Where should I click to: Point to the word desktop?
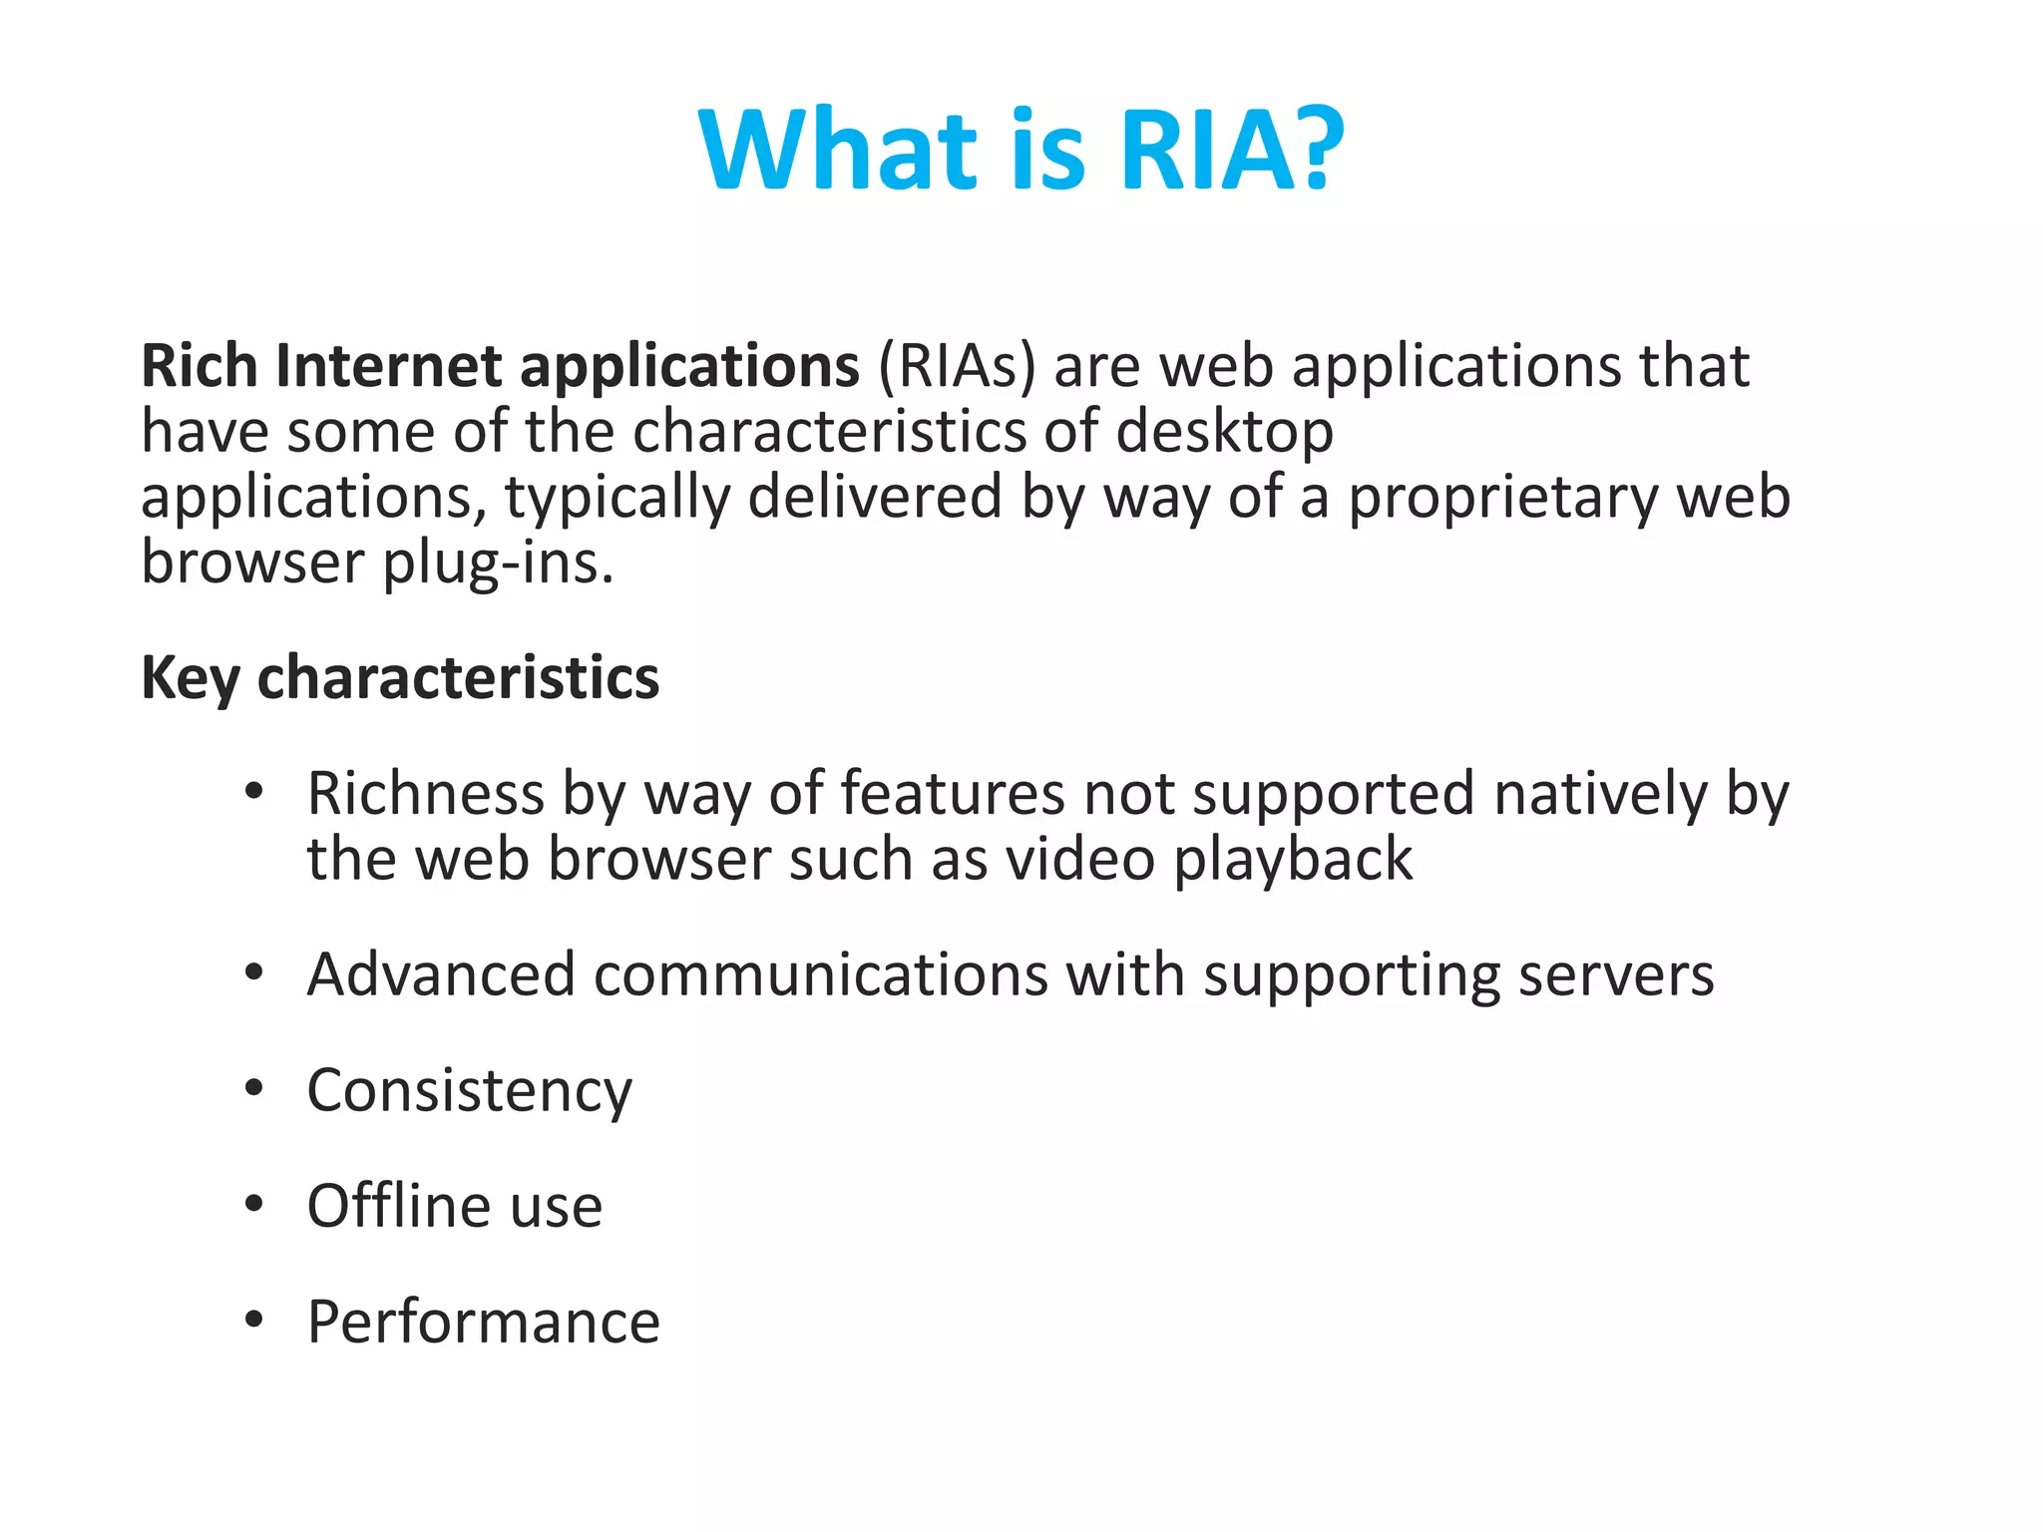pyautogui.click(x=1224, y=432)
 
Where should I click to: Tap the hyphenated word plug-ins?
pyautogui.click(x=498, y=563)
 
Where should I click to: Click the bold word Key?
pyautogui.click(x=190, y=678)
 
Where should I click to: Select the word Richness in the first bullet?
pyautogui.click(x=425, y=794)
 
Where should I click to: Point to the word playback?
pyautogui.click(x=1293, y=859)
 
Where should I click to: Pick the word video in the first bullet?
pyautogui.click(x=1080, y=859)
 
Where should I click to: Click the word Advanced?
pyautogui.click(x=441, y=974)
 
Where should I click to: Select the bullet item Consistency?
pyautogui.click(x=469, y=1090)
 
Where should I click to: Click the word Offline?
pyautogui.click(x=398, y=1206)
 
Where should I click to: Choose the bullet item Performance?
pyautogui.click(x=483, y=1322)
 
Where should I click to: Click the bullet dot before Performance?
pyautogui.click(x=254, y=1321)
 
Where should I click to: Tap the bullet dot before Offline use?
pyautogui.click(x=254, y=1205)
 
